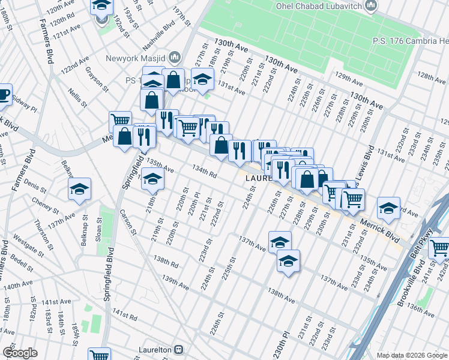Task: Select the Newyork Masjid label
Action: pos(135,58)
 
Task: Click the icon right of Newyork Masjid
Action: pos(175,58)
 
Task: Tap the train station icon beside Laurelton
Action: pos(178,349)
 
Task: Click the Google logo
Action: pos(20,353)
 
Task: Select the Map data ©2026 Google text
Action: pos(412,355)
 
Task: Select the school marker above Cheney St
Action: pos(79,189)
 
